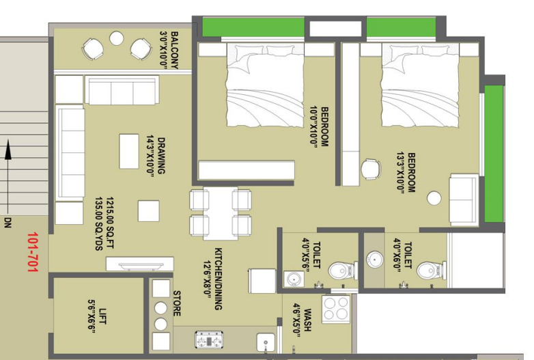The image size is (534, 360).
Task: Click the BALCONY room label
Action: pos(174,50)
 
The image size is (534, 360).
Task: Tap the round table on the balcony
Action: pos(117,38)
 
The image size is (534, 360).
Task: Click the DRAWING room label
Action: pos(160,156)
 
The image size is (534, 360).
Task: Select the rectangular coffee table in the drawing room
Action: pos(129,151)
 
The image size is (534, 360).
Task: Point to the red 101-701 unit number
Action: pos(32,252)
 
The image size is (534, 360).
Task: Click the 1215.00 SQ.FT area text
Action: pos(110,223)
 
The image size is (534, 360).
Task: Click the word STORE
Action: pos(177,303)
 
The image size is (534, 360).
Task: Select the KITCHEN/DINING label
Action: pos(219,279)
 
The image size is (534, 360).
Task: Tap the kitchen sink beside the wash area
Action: pos(266,343)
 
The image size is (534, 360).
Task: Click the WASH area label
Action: pos(307,320)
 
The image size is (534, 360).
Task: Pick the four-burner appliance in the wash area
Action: pos(336,309)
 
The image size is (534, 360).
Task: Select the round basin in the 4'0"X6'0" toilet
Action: pos(375,260)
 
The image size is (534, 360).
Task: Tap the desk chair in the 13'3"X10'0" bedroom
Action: pos(371,169)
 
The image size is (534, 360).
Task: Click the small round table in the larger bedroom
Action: pos(434,198)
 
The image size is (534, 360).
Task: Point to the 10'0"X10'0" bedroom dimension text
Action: pos(313,126)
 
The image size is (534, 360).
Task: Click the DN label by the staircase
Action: pos(8,223)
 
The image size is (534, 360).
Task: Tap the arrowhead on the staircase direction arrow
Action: pos(8,149)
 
